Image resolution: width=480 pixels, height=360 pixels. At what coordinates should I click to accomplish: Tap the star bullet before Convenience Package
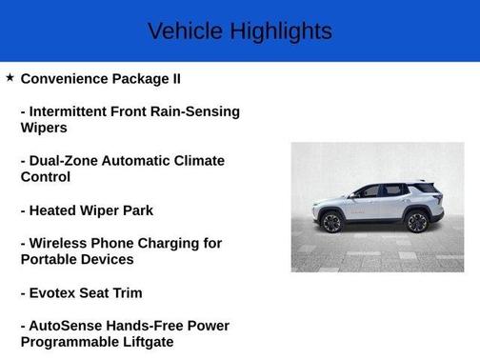(x=10, y=77)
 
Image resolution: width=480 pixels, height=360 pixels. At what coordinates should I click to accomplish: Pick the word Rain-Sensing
(x=197, y=111)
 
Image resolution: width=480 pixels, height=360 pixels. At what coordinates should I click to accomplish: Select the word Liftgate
(x=144, y=342)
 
